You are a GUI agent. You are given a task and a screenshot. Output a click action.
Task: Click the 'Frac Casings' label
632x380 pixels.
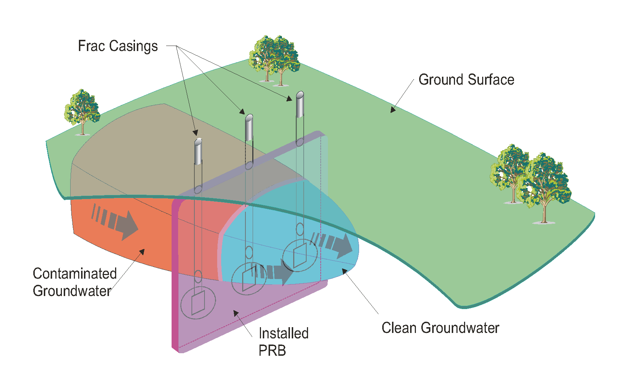(118, 46)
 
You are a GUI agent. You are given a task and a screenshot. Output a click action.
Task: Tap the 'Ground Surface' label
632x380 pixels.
(466, 80)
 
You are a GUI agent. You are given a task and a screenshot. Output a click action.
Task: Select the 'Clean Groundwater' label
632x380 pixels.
(440, 328)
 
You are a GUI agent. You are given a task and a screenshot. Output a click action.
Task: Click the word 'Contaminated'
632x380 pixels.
(75, 274)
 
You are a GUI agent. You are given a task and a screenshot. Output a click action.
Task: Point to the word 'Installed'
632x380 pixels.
(283, 333)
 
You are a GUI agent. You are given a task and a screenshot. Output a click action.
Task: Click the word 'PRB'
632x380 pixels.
(272, 350)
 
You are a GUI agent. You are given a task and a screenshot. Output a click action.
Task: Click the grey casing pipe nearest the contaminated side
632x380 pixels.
(198, 151)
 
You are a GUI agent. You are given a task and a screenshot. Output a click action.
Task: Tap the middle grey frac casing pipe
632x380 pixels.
(249, 127)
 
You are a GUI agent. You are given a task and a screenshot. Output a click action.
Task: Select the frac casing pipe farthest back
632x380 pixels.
(300, 104)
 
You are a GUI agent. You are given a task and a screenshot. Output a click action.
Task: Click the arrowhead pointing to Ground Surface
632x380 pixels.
(393, 110)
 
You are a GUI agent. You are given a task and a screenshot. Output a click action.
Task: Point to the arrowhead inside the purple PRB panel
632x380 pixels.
(236, 313)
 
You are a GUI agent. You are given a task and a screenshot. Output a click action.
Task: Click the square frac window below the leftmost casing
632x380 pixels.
(198, 302)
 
